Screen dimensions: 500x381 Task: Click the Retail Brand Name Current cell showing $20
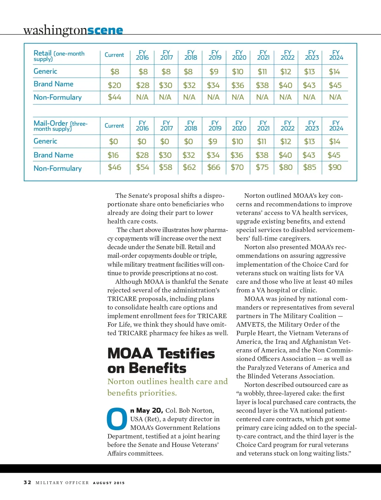[114, 85]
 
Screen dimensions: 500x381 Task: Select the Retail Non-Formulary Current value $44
[114, 97]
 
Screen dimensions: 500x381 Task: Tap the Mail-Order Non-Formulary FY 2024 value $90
[335, 167]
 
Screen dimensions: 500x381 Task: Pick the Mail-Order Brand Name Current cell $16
[113, 155]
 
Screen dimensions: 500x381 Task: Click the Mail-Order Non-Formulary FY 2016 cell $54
[143, 167]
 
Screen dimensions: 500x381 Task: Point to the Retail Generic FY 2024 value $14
[334, 72]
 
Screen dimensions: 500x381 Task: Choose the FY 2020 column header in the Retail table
[239, 55]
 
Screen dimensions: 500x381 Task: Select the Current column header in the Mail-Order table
[114, 126]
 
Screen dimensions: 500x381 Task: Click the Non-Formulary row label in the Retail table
[57, 97]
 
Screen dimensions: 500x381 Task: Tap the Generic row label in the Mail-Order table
[45, 141]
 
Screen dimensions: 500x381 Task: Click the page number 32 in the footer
[28, 483]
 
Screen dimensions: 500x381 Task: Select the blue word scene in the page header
[105, 30]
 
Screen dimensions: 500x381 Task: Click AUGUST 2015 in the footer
[109, 483]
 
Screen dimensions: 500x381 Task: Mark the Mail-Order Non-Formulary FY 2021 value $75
[262, 167]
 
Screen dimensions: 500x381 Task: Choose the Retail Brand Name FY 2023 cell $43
[309, 85]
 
